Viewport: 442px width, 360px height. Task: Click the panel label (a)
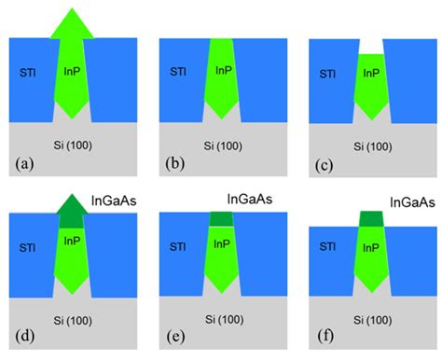pyautogui.click(x=24, y=165)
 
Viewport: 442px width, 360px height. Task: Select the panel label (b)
pyautogui.click(x=175, y=164)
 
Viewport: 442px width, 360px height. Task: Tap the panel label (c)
pyautogui.click(x=325, y=164)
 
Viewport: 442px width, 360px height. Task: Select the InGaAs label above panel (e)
pyautogui.click(x=254, y=199)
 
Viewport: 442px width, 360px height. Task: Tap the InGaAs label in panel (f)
pyautogui.click(x=408, y=201)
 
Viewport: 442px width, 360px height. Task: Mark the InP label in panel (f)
pyautogui.click(x=372, y=249)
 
